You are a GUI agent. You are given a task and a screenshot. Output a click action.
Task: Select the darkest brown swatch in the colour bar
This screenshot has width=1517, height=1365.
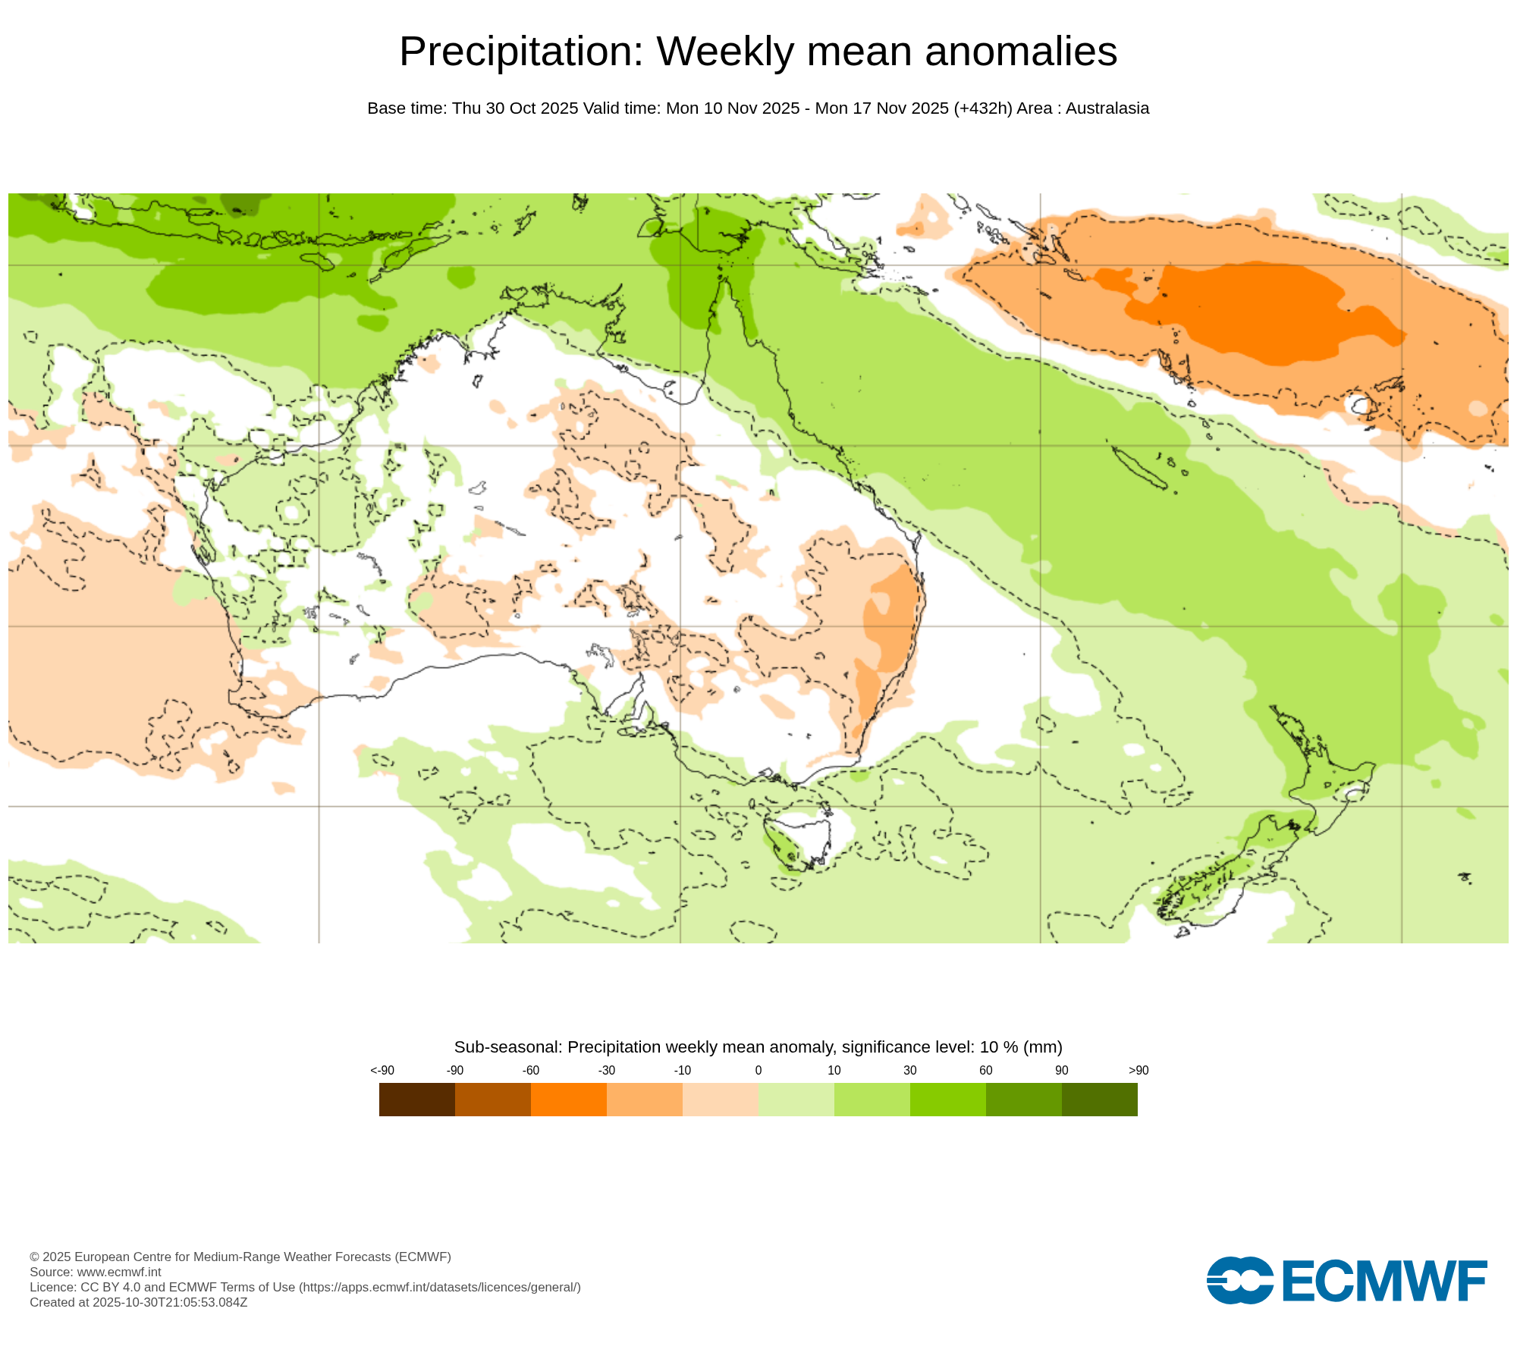pos(416,1099)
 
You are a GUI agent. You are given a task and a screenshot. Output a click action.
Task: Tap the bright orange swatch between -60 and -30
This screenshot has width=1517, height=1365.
pos(568,1099)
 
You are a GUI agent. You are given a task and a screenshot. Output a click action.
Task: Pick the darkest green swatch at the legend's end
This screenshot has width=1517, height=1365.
pos(1099,1099)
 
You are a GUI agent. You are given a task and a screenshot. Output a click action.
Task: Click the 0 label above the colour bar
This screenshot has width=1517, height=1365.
pos(758,1070)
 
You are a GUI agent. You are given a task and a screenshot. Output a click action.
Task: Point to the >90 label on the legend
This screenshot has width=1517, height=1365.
pos(1138,1070)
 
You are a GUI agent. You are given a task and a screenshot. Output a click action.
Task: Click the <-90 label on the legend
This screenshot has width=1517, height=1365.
pos(382,1070)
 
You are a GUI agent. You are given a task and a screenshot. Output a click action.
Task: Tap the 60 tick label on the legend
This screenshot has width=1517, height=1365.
pos(985,1070)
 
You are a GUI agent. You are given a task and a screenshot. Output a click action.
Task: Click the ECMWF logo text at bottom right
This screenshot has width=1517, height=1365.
pos(1384,1281)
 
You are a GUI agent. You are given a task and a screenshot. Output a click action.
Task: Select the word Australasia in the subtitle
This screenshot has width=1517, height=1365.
pos(1107,108)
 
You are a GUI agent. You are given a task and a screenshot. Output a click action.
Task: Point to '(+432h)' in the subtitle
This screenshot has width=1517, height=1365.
pos(982,108)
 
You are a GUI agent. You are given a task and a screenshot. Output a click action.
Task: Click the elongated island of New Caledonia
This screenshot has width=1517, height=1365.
pos(1138,467)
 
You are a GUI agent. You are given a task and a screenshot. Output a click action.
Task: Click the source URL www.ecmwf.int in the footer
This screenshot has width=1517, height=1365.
pos(119,1272)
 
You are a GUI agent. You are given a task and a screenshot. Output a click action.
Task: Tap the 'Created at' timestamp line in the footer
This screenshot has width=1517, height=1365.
pos(138,1302)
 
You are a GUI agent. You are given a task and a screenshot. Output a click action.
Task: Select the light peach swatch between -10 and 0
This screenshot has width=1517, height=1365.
pos(720,1099)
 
